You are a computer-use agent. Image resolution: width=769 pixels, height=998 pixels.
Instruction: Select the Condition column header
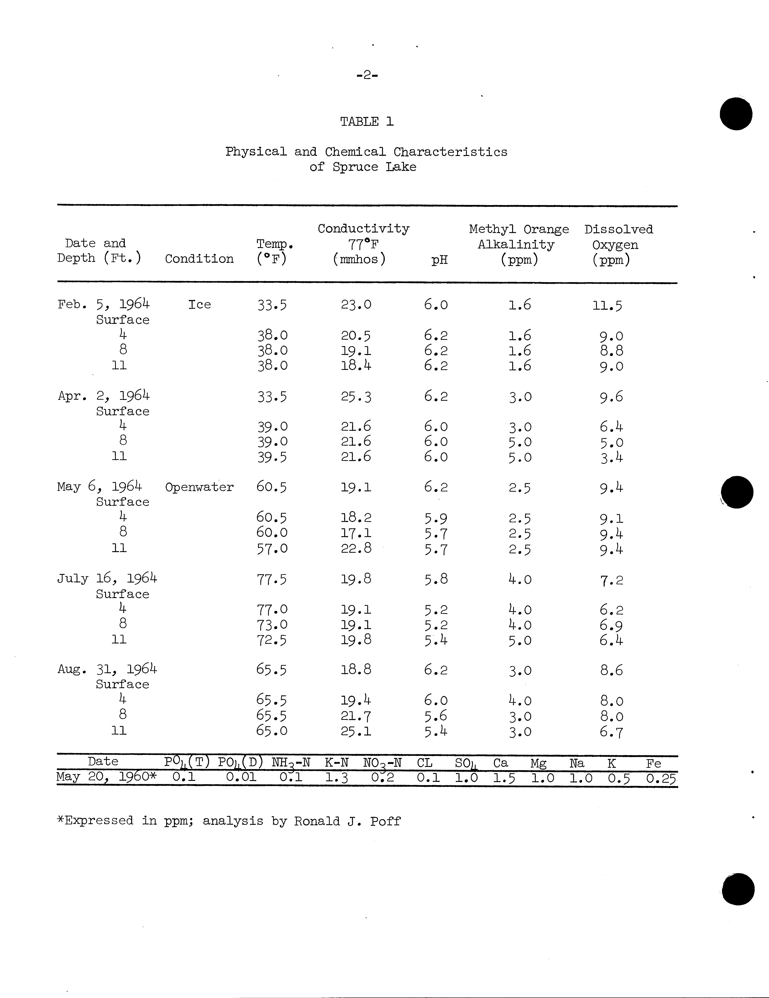point(199,259)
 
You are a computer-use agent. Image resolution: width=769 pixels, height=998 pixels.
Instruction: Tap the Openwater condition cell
point(199,487)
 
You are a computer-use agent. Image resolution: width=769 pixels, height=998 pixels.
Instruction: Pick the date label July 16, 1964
point(107,579)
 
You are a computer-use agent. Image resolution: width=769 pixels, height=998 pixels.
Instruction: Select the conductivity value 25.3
point(356,397)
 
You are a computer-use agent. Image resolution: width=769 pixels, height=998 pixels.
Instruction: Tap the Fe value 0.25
point(661,778)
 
